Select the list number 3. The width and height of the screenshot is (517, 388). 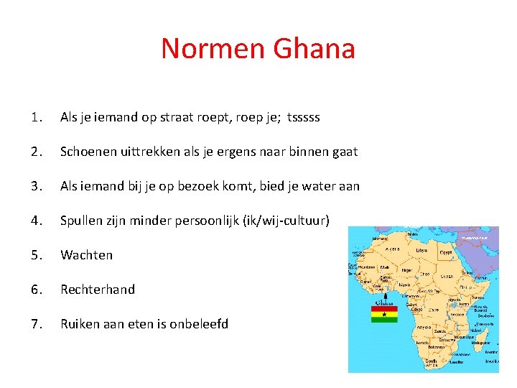[x=37, y=186]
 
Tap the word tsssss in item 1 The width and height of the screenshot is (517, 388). [x=303, y=117]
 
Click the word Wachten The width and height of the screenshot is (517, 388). [x=86, y=255]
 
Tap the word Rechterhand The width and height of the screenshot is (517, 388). [x=98, y=290]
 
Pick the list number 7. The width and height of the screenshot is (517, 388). [x=37, y=324]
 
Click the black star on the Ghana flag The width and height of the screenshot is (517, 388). [x=384, y=314]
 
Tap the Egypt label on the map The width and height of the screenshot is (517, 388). [x=445, y=253]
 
